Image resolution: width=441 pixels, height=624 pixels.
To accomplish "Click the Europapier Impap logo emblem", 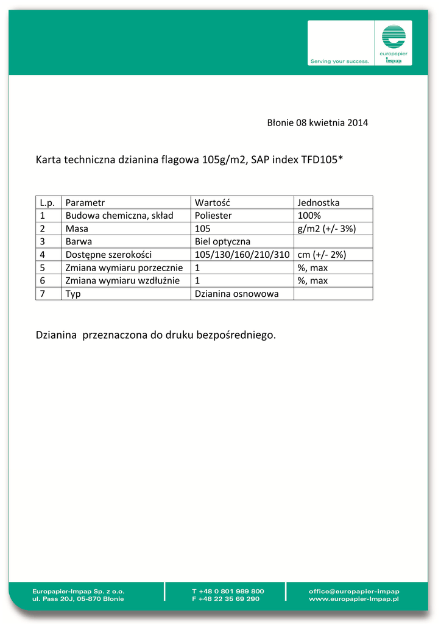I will [393, 38].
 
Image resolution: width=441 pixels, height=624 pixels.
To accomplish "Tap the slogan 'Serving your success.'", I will [340, 61].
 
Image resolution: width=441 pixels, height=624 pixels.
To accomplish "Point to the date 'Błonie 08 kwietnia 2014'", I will [317, 122].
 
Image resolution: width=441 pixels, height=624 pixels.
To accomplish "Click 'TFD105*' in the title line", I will [322, 160].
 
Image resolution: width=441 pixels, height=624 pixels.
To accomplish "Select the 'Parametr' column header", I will [85, 202].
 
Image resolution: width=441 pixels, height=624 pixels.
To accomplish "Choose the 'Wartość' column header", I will [211, 202].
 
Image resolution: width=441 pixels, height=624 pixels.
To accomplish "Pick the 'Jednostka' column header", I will [319, 202].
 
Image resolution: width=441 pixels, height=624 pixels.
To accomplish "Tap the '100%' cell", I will [309, 216].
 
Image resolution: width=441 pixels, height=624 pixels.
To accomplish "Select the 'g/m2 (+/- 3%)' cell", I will [326, 229].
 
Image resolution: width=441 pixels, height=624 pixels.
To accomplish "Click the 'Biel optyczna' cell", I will [222, 241].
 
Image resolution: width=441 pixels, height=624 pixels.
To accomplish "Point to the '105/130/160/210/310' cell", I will [242, 255].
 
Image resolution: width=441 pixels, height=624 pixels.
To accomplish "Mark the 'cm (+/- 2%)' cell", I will [322, 255].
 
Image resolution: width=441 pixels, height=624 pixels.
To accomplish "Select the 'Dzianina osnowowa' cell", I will [236, 294].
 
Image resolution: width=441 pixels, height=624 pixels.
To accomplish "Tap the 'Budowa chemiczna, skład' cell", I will [119, 216].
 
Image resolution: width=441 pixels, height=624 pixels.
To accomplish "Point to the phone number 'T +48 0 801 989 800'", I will [228, 591].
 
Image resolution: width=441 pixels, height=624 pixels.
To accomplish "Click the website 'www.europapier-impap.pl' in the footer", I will [353, 599].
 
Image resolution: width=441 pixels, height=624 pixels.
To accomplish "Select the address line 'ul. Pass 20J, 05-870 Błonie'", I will [78, 599].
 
